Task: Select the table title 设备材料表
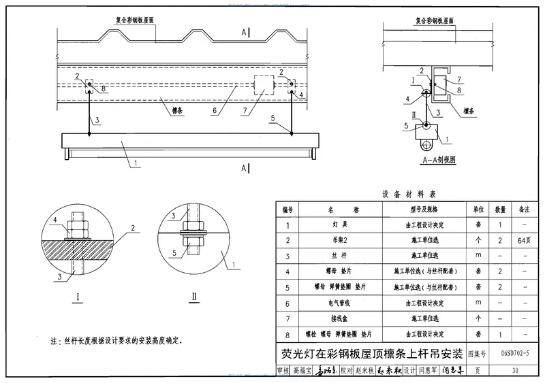[x=407, y=194]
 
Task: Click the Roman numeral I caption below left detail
[x=80, y=297]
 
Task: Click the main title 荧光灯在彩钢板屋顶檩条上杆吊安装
[x=372, y=354]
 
